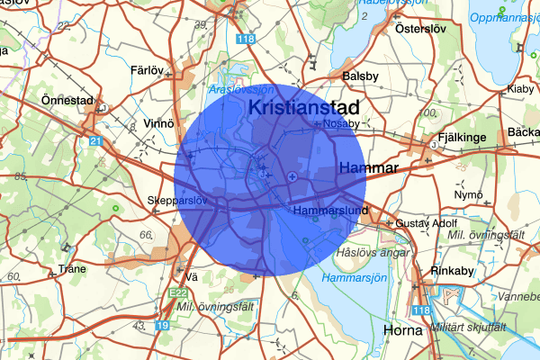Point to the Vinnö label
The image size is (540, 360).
point(159,122)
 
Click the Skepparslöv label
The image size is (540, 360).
point(175,201)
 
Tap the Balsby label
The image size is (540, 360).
point(359,77)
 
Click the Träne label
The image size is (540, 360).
point(72,268)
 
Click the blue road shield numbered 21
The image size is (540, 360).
point(96,140)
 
